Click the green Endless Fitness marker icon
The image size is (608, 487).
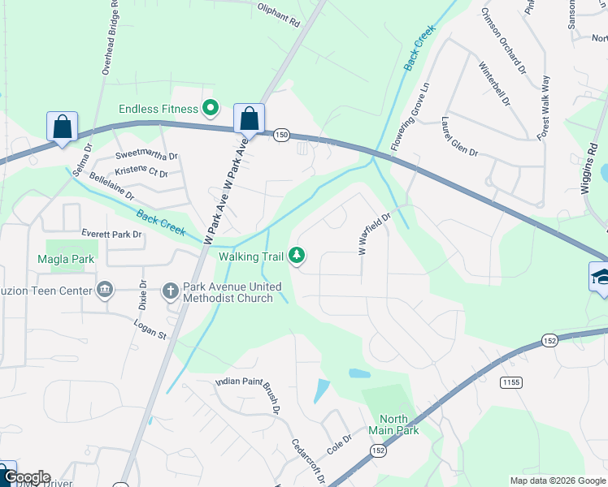[211, 108]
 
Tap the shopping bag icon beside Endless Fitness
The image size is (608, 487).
[249, 119]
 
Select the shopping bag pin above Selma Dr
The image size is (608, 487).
[63, 127]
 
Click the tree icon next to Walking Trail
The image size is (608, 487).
[297, 256]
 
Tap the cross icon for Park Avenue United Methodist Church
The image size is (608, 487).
[170, 290]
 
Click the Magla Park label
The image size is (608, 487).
[66, 260]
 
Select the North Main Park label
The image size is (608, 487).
[393, 425]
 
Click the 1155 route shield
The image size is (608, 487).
[510, 381]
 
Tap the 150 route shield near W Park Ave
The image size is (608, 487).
[281, 134]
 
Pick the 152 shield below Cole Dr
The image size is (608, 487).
[378, 450]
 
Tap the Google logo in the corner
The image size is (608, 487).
[26, 477]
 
